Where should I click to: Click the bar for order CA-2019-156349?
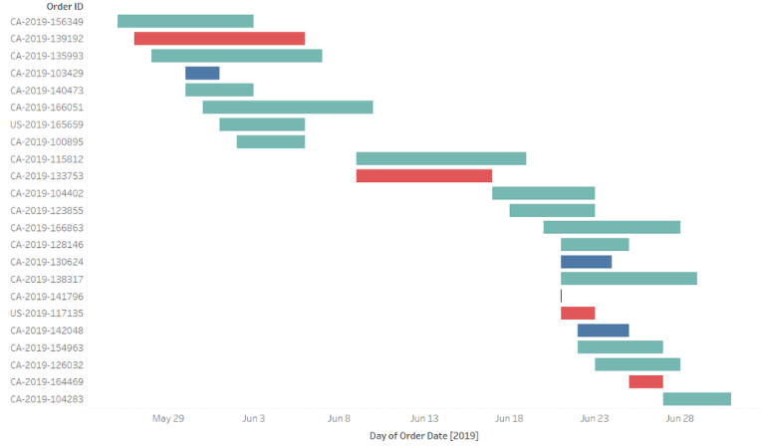coord(185,21)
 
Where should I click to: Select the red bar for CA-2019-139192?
coord(219,39)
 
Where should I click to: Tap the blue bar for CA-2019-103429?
coord(202,73)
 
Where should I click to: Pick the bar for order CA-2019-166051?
coord(288,108)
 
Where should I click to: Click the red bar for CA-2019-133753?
coord(424,176)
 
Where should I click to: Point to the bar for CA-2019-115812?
coord(441,158)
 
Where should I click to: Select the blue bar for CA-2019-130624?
coord(586,262)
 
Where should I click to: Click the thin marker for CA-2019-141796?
coord(561,296)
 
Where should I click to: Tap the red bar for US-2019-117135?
coord(578,313)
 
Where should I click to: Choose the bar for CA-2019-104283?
coord(697,399)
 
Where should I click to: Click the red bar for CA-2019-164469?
coord(645,381)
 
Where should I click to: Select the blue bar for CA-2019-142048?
coord(603,331)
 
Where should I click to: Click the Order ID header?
coord(65,6)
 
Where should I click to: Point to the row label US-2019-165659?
coord(47,124)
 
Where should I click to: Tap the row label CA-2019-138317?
coord(47,279)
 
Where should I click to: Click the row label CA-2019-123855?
coord(47,210)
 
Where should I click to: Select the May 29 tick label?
coord(168,419)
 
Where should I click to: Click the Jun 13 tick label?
coord(424,419)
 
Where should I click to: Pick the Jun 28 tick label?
coord(680,419)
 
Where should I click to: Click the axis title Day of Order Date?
coord(423,436)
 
